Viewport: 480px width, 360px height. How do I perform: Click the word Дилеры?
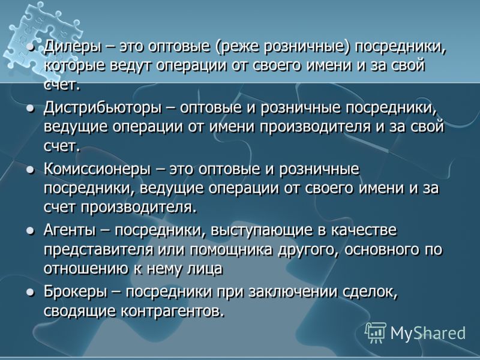[x=73, y=48]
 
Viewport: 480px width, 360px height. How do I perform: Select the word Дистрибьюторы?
[x=103, y=109]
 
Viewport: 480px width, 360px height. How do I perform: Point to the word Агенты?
[x=70, y=230]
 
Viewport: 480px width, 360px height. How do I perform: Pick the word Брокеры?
[x=76, y=292]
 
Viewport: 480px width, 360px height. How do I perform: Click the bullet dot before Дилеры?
[x=30, y=48]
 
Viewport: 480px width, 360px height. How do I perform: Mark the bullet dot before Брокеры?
[x=30, y=292]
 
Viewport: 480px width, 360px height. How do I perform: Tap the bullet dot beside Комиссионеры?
[x=30, y=170]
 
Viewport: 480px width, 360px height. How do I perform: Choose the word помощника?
[x=231, y=250]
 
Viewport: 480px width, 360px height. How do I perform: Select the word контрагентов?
[x=171, y=311]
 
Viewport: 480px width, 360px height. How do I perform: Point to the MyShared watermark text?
[x=428, y=333]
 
